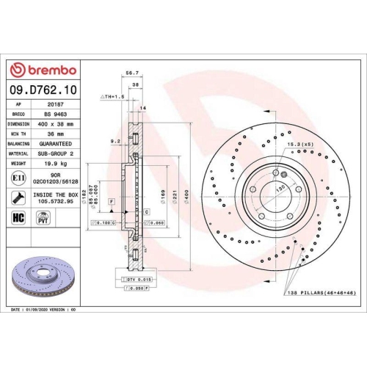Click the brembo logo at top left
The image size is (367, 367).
click(x=42, y=69)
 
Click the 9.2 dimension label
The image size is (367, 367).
click(x=115, y=140)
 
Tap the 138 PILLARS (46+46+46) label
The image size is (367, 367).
click(x=321, y=293)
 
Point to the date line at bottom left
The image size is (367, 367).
click(x=44, y=310)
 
